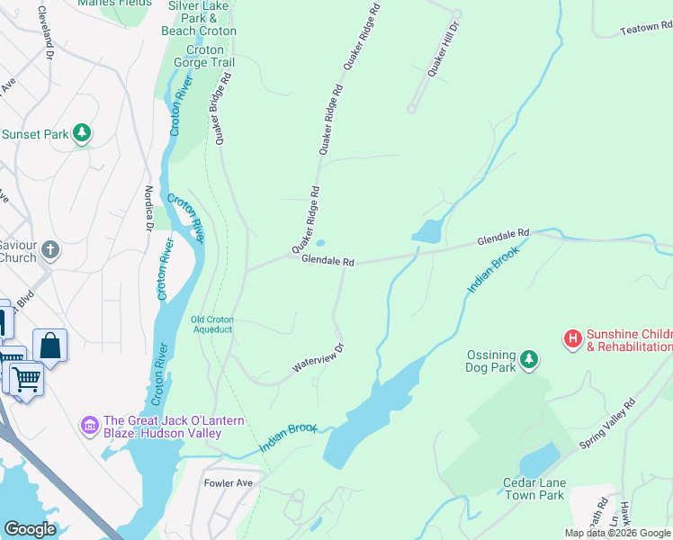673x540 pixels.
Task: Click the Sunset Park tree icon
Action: pyautogui.click(x=82, y=134)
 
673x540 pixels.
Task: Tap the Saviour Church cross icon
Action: pyautogui.click(x=51, y=249)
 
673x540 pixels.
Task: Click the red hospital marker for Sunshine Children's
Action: pyautogui.click(x=572, y=338)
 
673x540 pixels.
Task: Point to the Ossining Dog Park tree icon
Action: pyautogui.click(x=529, y=359)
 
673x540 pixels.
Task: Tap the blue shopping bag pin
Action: pyautogui.click(x=50, y=345)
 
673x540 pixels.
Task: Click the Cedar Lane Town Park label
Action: pyautogui.click(x=533, y=489)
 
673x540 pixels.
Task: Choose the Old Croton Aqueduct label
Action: pyautogui.click(x=211, y=324)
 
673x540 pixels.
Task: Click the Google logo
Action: pyautogui.click(x=31, y=529)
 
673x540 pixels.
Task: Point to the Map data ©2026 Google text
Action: pyautogui.click(x=617, y=533)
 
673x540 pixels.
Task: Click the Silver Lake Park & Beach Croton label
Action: pyautogui.click(x=199, y=18)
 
